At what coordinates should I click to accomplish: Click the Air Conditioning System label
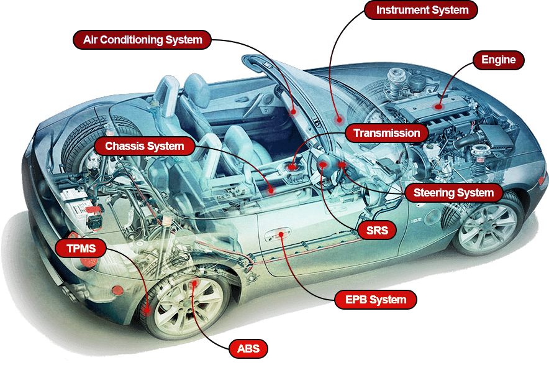[x=142, y=40]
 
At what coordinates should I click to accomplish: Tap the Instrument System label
[x=421, y=10]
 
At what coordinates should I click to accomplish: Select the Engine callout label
[x=498, y=60]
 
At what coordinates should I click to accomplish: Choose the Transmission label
[x=386, y=133]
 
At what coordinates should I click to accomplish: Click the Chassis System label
[x=145, y=146]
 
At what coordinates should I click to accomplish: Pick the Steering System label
[x=453, y=193]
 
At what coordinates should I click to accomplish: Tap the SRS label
[x=377, y=230]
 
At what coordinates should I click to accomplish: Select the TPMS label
[x=81, y=248]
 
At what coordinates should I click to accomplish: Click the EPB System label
[x=376, y=300]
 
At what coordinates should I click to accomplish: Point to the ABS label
[x=248, y=348]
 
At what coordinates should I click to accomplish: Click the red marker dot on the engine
[x=438, y=106]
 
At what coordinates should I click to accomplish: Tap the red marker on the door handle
[x=281, y=234]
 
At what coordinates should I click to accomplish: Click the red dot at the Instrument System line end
[x=338, y=120]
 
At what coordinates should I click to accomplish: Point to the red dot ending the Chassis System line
[x=270, y=190]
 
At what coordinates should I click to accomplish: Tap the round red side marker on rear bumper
[x=117, y=290]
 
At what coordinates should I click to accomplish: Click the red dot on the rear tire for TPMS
[x=147, y=310]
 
